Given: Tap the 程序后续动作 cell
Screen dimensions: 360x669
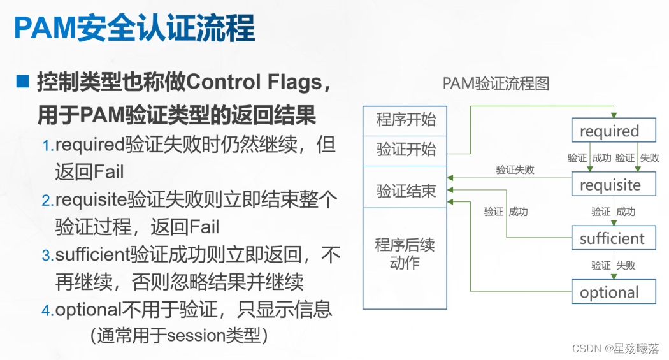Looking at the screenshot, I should coord(405,254).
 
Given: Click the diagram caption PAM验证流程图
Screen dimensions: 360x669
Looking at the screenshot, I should coord(496,83).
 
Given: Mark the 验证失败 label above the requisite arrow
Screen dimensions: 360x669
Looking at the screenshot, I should coord(515,170).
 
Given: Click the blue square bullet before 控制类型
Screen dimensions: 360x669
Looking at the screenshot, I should coord(23,82).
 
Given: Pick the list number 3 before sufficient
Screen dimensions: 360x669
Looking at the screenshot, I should coord(48,256).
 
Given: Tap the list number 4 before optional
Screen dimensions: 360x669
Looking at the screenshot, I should coord(48,312).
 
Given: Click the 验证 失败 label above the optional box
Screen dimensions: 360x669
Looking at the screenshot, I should coord(614,265).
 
